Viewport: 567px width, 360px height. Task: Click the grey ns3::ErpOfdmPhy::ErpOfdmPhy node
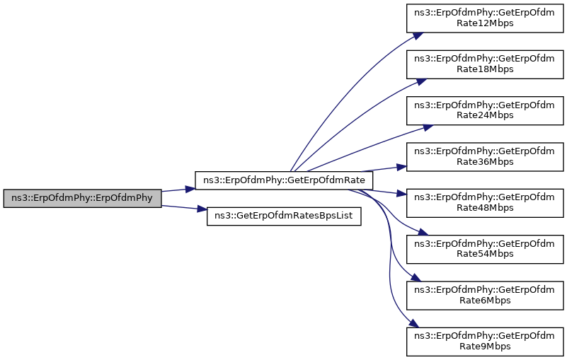coord(82,198)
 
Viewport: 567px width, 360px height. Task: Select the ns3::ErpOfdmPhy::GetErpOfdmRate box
coord(284,180)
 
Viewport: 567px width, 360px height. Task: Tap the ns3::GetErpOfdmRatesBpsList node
coord(284,216)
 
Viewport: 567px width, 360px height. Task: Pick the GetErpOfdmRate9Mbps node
coord(485,341)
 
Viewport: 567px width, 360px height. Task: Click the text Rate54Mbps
coord(485,254)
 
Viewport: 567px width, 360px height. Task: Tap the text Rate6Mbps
coord(485,300)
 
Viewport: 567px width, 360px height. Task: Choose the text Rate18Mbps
coord(485,69)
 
